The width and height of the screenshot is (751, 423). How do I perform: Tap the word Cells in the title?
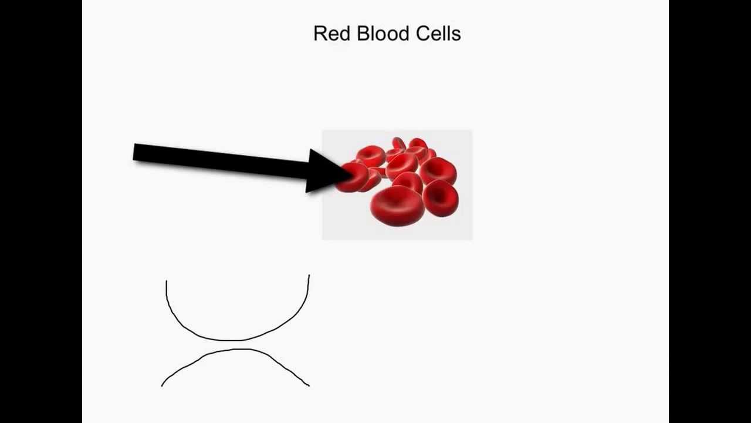[438, 33]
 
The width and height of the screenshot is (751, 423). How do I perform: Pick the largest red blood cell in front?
[397, 204]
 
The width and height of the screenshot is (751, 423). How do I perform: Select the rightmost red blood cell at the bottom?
[441, 198]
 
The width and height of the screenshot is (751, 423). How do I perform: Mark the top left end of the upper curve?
[167, 281]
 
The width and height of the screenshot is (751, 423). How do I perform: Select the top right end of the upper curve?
[309, 275]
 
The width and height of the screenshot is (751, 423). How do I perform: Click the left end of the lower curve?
[162, 385]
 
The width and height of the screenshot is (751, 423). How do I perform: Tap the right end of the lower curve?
[309, 385]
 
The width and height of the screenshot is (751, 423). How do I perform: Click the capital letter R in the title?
[319, 33]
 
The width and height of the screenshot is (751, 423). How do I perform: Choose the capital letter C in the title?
[422, 33]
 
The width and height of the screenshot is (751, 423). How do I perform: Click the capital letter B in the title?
[363, 33]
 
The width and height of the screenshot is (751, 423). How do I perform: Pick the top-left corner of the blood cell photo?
[323, 131]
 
